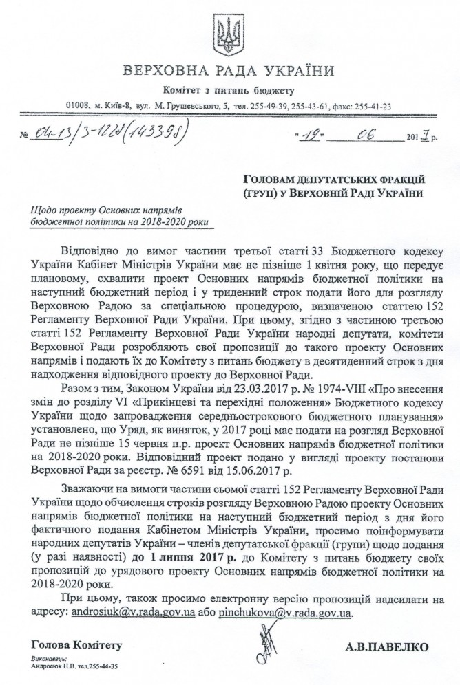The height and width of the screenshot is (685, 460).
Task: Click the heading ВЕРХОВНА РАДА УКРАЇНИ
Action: point(229,71)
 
